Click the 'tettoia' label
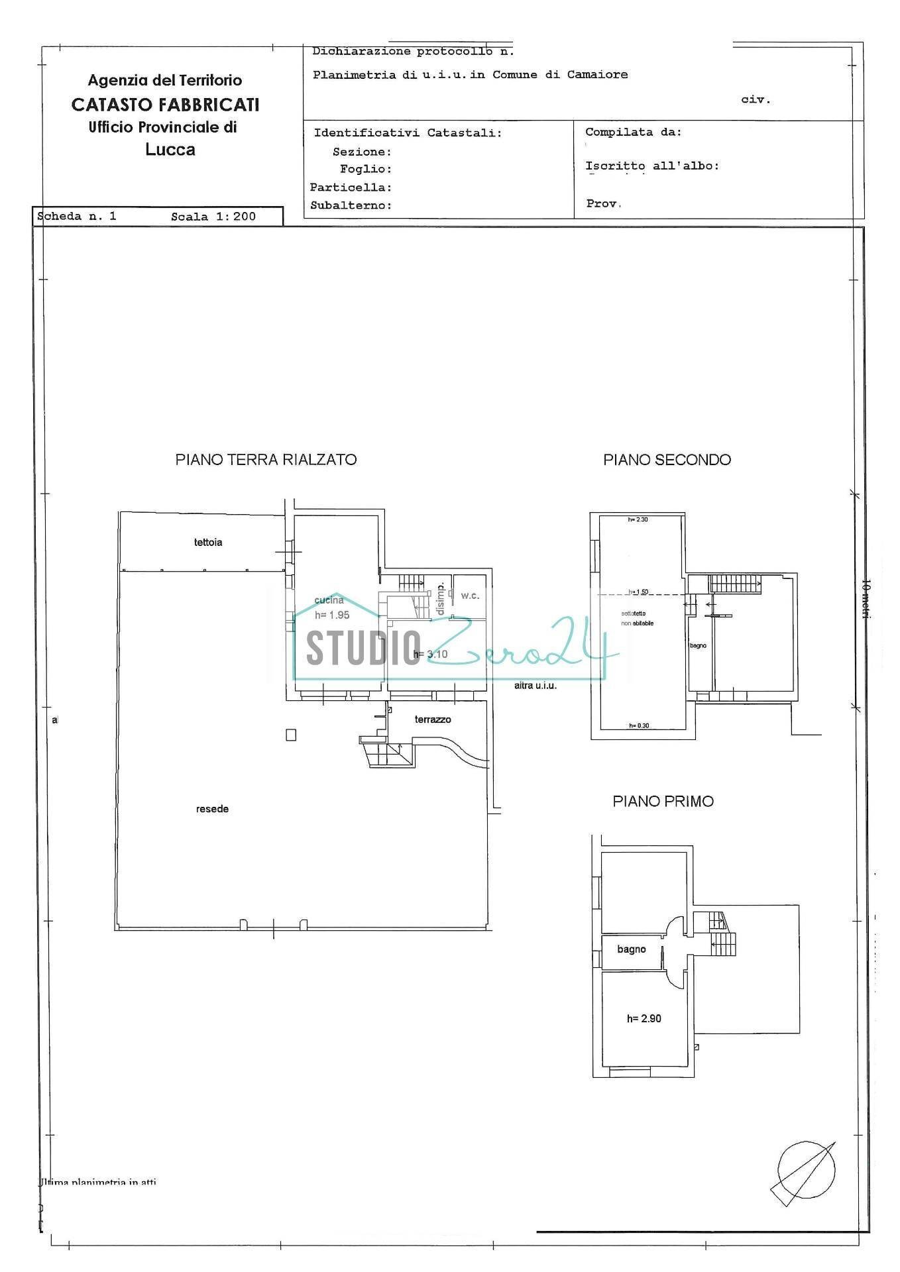point(208,543)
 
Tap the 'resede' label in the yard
point(212,809)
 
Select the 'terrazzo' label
point(433,719)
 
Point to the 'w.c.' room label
point(470,596)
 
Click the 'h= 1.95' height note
point(332,615)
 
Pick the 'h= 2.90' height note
point(644,1019)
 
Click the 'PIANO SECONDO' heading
point(667,460)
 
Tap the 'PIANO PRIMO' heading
point(663,802)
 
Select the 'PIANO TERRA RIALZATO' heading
point(266,460)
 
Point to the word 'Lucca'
point(170,150)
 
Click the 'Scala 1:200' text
point(213,217)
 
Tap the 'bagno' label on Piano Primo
point(631,949)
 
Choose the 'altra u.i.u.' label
point(535,686)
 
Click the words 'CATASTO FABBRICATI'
point(165,105)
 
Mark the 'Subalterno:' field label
point(351,205)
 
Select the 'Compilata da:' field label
point(633,132)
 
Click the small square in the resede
point(291,735)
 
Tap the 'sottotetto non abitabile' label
point(637,618)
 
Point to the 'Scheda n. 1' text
point(77,216)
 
